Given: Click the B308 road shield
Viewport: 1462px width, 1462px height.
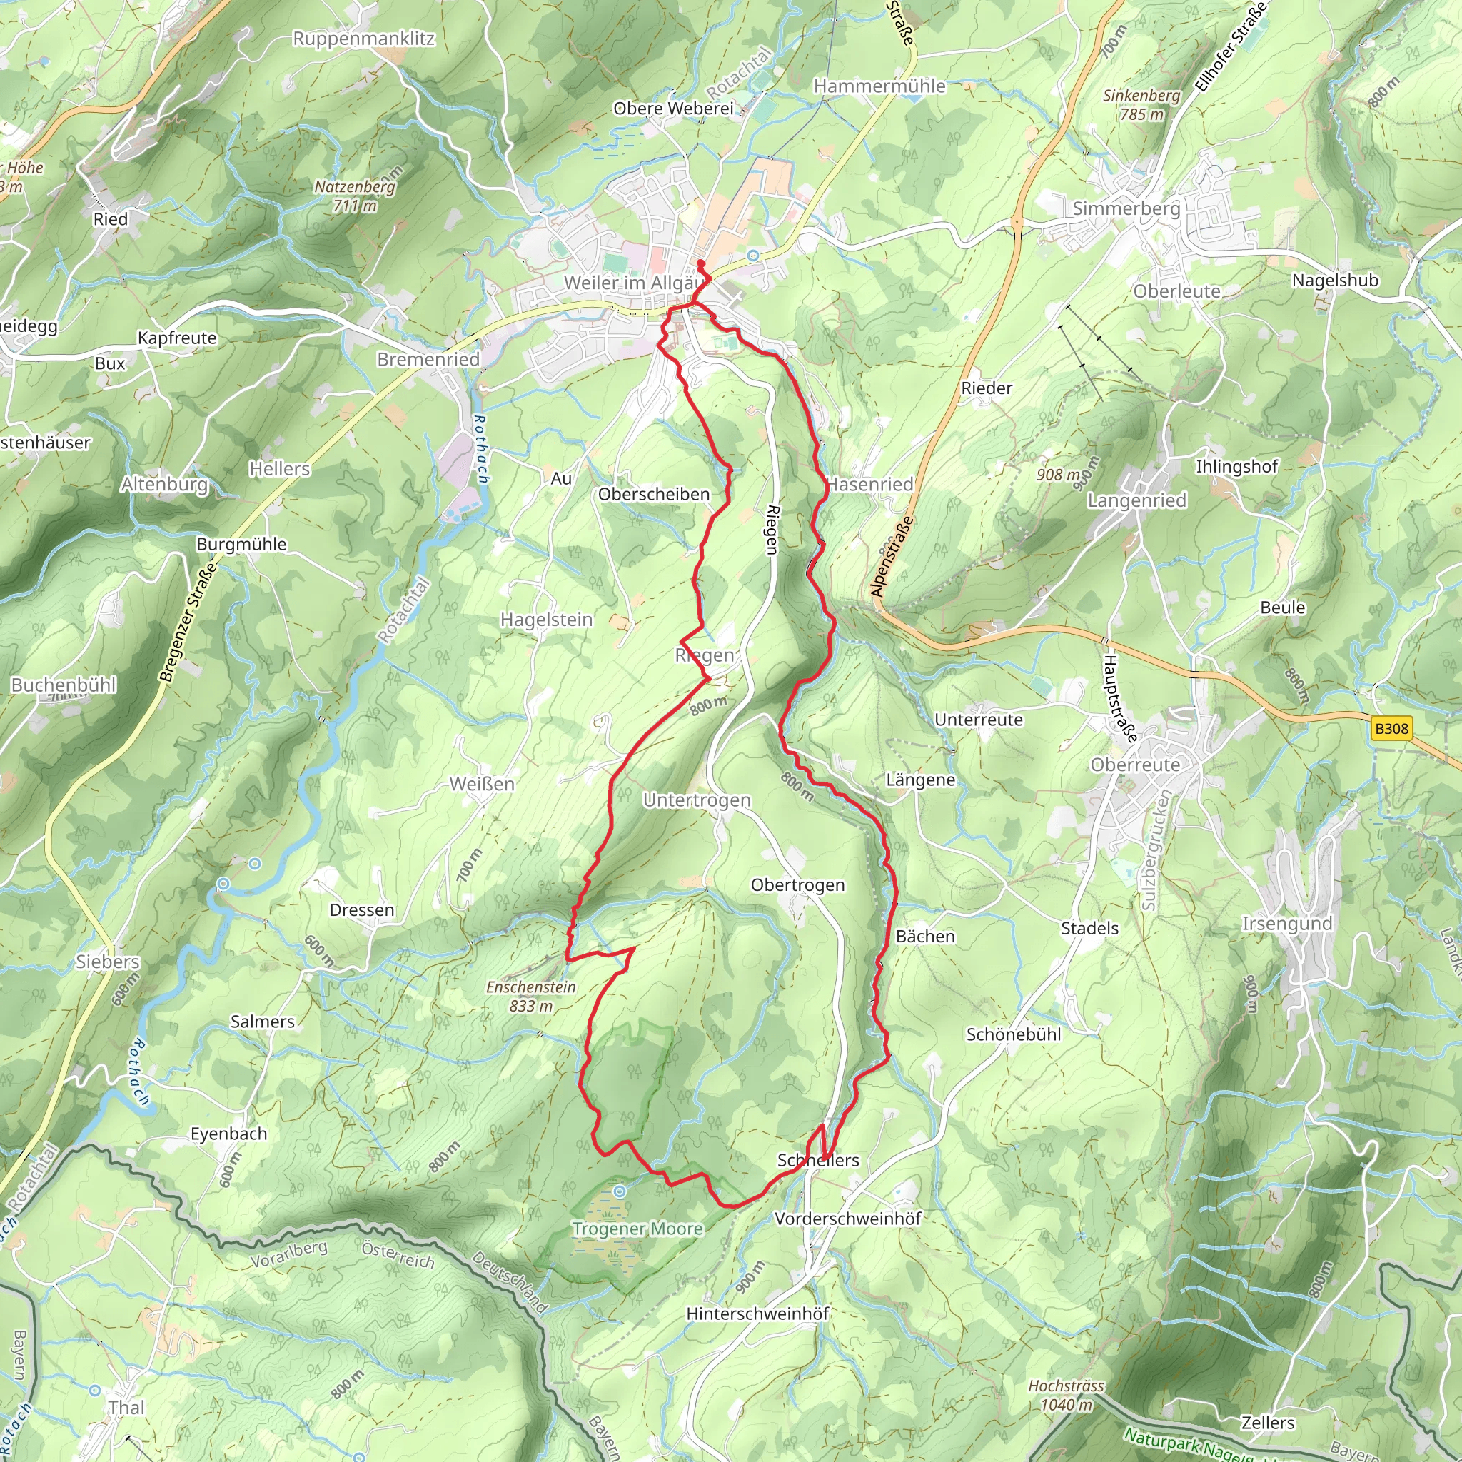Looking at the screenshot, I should (1391, 729).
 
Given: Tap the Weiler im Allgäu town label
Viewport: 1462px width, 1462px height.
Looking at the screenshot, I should (632, 283).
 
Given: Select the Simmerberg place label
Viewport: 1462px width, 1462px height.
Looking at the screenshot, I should (1126, 209).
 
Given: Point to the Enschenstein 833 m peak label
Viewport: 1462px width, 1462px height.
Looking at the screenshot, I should (531, 997).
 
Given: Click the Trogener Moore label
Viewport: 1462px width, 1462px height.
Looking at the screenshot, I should (637, 1229).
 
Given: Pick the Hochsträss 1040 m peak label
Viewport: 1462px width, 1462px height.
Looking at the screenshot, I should (1066, 1396).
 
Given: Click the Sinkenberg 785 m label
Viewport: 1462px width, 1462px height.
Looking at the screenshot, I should (1141, 105).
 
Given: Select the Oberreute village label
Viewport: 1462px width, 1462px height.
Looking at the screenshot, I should (1135, 765).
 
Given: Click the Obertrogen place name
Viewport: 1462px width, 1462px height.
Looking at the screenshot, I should (797, 884).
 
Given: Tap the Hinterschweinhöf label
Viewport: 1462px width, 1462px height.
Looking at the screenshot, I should (757, 1314).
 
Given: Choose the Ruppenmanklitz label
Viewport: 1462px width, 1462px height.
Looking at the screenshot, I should (364, 39).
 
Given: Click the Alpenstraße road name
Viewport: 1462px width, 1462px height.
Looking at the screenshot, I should (892, 557).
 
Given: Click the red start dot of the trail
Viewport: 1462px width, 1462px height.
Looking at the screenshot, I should (701, 264).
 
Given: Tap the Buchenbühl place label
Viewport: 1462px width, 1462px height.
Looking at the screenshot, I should (64, 685).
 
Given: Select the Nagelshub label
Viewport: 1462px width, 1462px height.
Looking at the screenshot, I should (1335, 281).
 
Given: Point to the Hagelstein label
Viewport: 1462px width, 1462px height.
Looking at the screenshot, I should (546, 620).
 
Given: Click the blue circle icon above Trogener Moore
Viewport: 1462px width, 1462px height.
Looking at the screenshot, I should (620, 1192).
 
